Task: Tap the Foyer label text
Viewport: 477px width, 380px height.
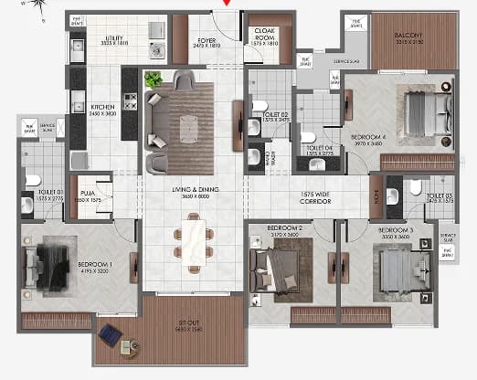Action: click(x=207, y=39)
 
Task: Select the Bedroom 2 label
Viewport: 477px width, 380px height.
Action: click(x=284, y=228)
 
